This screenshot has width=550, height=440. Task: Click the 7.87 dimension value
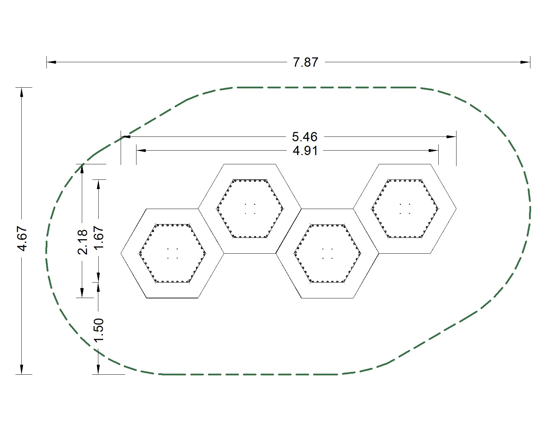[x=306, y=63]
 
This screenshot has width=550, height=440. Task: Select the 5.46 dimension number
[x=305, y=137]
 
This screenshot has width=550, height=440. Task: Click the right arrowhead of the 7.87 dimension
[x=525, y=62]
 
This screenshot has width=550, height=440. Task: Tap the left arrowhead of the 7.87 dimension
[x=52, y=62]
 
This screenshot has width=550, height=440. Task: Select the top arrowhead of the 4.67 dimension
[x=22, y=92]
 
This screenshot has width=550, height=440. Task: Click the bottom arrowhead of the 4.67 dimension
[x=22, y=369]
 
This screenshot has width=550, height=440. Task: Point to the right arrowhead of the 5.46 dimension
[x=451, y=137]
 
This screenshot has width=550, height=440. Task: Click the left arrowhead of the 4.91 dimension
[x=141, y=151]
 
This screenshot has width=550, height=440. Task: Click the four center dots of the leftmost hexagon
[x=172, y=253]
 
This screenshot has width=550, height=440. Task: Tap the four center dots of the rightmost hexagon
[x=405, y=209]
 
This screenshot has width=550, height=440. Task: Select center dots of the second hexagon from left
[x=250, y=209]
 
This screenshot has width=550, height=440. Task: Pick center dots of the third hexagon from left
[x=327, y=253]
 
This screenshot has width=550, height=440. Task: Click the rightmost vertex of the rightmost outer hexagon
[x=456, y=209]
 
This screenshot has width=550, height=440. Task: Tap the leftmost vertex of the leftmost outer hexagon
[x=121, y=253]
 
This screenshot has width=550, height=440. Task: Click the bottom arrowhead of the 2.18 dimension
[x=82, y=293]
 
